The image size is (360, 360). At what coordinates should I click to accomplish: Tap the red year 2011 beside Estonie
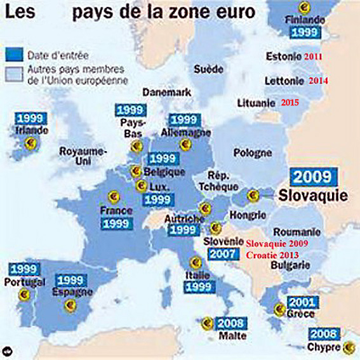point(312,56)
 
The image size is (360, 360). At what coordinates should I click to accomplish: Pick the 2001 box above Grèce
point(302,302)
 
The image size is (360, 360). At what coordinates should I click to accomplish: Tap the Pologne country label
point(253,153)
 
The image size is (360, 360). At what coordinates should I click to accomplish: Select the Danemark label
point(166,92)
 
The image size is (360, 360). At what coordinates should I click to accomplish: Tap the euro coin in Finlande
point(305,7)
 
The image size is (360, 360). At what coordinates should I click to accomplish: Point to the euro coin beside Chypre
point(349,347)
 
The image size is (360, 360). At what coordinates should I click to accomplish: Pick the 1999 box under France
point(116,224)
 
